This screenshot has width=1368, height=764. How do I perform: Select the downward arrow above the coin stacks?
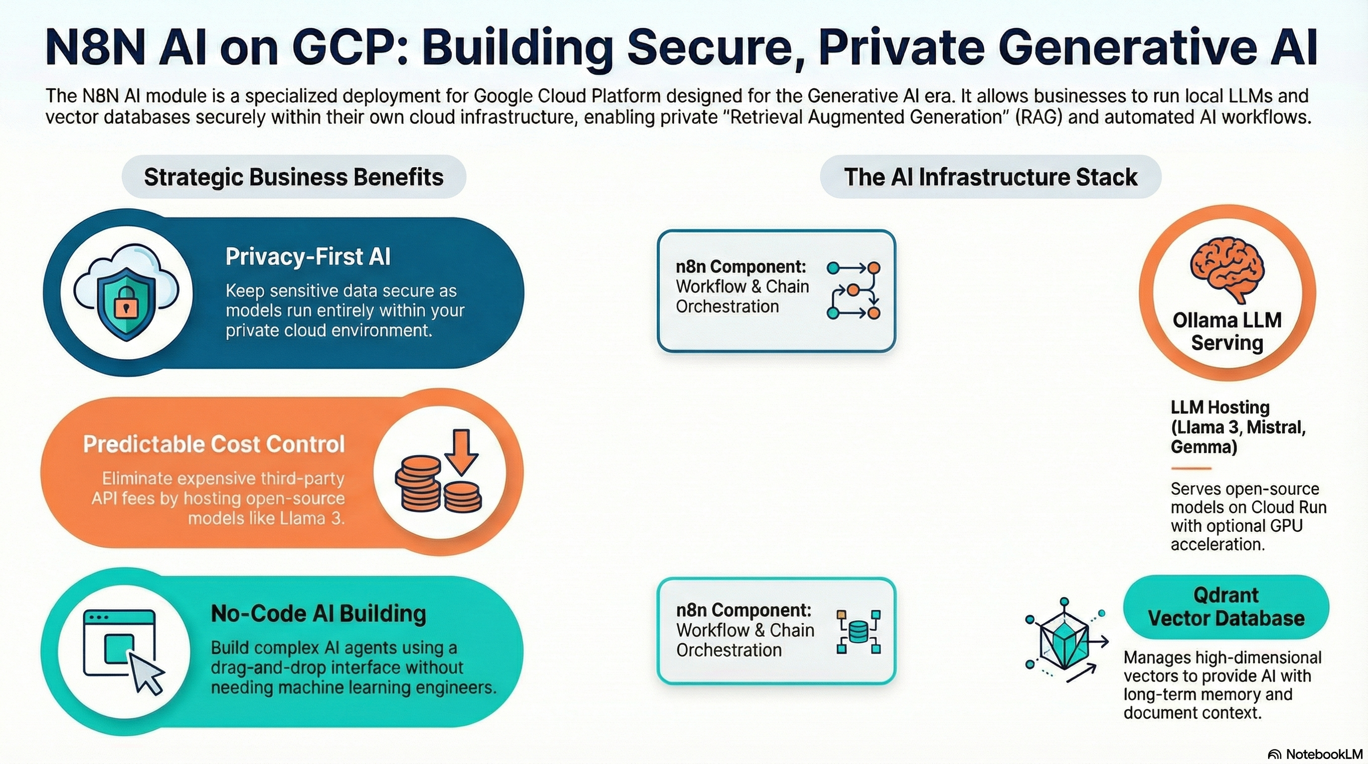(x=461, y=452)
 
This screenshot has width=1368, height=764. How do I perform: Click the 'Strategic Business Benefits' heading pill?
(x=294, y=177)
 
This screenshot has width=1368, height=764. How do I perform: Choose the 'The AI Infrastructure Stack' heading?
(x=990, y=177)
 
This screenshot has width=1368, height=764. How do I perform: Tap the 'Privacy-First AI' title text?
(x=308, y=257)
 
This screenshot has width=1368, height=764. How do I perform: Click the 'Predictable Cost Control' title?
(x=214, y=444)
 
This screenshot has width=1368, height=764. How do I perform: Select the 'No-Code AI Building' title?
(x=319, y=614)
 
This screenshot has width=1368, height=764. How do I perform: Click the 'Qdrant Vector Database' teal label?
(x=1226, y=607)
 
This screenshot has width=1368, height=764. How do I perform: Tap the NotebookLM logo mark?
(x=1275, y=755)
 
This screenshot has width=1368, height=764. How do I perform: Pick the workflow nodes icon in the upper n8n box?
(x=854, y=290)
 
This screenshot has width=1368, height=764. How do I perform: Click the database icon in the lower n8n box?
(x=858, y=632)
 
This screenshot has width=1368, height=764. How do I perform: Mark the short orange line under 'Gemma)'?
(x=1191, y=469)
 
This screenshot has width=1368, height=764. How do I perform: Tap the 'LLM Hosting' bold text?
(x=1220, y=407)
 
